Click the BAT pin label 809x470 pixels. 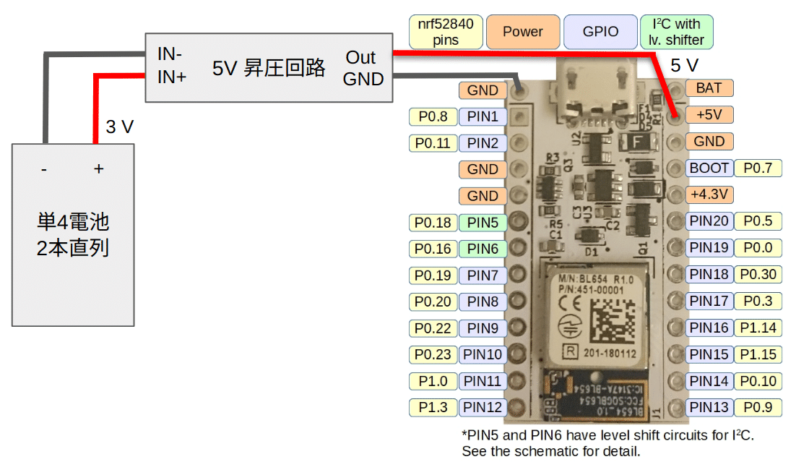(x=709, y=88)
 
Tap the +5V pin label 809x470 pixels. (x=709, y=114)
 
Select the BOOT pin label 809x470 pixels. (x=709, y=168)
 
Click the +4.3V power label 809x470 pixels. (x=709, y=195)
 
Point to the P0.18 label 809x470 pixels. (x=433, y=223)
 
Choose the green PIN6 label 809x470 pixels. (x=483, y=249)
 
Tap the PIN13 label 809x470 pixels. (x=709, y=407)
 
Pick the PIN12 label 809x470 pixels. (x=483, y=407)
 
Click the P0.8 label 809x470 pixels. (x=433, y=116)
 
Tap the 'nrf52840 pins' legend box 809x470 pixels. (x=446, y=32)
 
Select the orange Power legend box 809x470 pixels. (x=523, y=32)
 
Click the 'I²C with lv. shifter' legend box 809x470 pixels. (x=677, y=32)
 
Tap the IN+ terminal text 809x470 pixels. (x=172, y=77)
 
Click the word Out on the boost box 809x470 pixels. (x=360, y=58)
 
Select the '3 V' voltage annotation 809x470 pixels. (x=119, y=127)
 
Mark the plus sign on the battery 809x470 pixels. (x=99, y=169)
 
